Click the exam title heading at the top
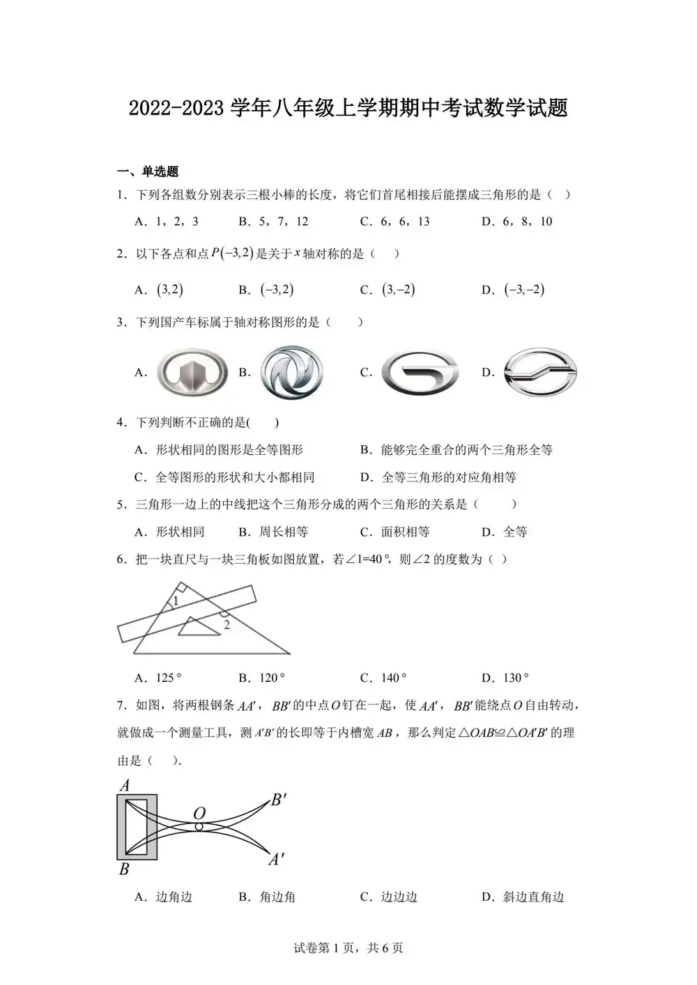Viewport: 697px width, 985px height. (348, 108)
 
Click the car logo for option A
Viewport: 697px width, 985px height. (192, 372)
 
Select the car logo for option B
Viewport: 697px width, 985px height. (292, 372)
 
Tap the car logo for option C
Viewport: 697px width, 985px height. (421, 373)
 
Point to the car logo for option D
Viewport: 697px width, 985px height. (541, 372)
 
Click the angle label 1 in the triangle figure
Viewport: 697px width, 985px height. (176, 601)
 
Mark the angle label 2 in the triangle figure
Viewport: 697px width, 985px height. (227, 625)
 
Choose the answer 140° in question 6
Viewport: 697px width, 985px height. (394, 678)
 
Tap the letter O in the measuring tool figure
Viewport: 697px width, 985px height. (199, 813)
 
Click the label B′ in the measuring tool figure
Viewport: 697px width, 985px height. (278, 800)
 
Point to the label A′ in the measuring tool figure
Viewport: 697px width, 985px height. (277, 860)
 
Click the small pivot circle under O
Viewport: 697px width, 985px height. (199, 827)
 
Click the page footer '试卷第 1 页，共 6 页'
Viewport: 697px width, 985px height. (348, 947)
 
